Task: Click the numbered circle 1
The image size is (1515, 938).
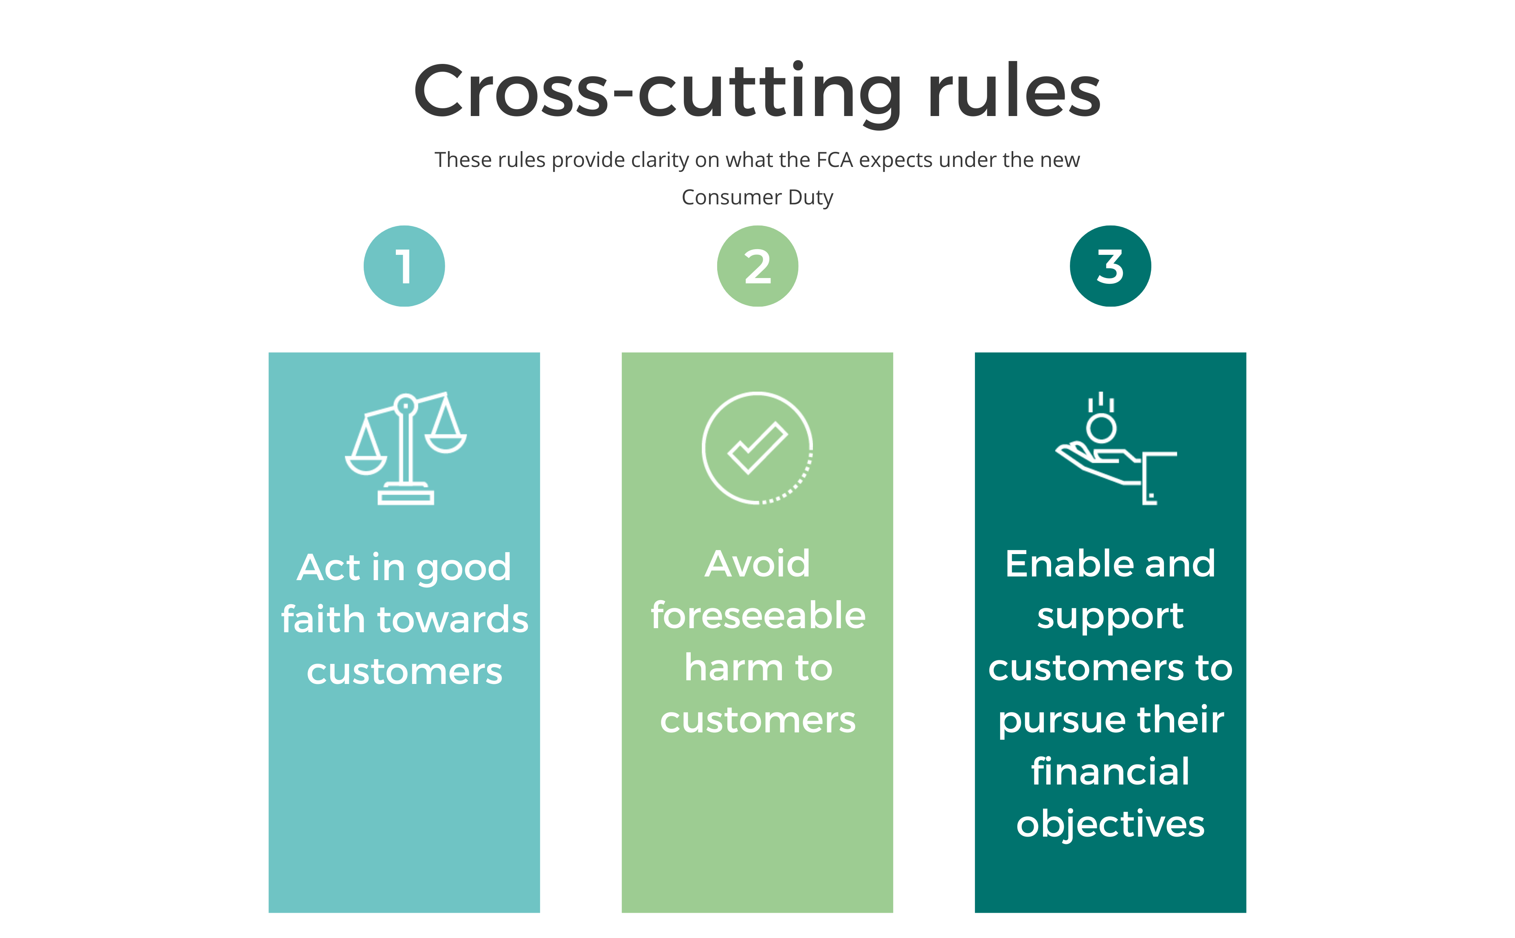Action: [x=404, y=266]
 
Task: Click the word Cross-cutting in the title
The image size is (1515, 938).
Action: [x=658, y=92]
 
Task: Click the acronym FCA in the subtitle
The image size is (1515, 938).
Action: [x=834, y=160]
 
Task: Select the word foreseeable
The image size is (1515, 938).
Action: [x=757, y=616]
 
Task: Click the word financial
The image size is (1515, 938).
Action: [x=1110, y=771]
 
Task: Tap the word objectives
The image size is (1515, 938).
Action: [x=1110, y=824]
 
